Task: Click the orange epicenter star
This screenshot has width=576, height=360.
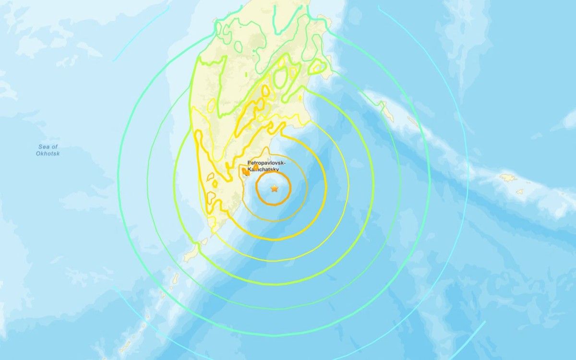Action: click(x=274, y=189)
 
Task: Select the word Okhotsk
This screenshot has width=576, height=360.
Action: click(x=48, y=154)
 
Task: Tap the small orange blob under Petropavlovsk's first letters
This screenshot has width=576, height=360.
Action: click(x=250, y=168)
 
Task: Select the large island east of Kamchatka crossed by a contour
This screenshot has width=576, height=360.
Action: click(x=387, y=110)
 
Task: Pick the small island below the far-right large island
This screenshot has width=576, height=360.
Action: click(x=520, y=192)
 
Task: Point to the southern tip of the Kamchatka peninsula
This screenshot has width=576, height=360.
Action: click(x=211, y=235)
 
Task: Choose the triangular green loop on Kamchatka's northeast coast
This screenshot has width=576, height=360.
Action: click(x=317, y=69)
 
